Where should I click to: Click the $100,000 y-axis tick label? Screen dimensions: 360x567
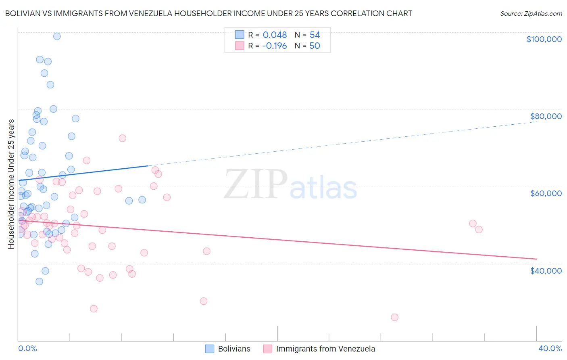(544, 39)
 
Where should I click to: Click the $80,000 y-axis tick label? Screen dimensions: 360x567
(546, 116)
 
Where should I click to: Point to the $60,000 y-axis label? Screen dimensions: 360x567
(546, 193)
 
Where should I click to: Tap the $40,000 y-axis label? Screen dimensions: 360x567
(546, 270)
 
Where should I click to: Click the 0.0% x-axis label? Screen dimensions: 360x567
(27, 348)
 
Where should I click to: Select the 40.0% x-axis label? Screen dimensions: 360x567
(550, 348)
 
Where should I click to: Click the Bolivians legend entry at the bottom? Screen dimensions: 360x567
(234, 349)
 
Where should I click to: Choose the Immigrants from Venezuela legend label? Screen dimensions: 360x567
(325, 349)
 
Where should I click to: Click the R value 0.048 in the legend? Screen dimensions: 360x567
(275, 35)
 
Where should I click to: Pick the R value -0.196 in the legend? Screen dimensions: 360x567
(274, 46)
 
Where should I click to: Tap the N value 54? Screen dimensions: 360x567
(315, 35)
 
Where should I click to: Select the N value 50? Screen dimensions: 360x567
(315, 46)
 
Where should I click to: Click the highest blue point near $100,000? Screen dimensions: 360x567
(57, 36)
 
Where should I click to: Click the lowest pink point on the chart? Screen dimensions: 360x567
(394, 317)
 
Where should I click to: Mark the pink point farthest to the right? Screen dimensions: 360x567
(479, 230)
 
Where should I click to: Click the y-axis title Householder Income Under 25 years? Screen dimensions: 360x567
(11, 184)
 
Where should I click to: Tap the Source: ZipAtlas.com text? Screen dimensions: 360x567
(531, 14)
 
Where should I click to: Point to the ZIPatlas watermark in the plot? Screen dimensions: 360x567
(290, 185)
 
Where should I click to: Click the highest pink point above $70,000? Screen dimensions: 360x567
(122, 138)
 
